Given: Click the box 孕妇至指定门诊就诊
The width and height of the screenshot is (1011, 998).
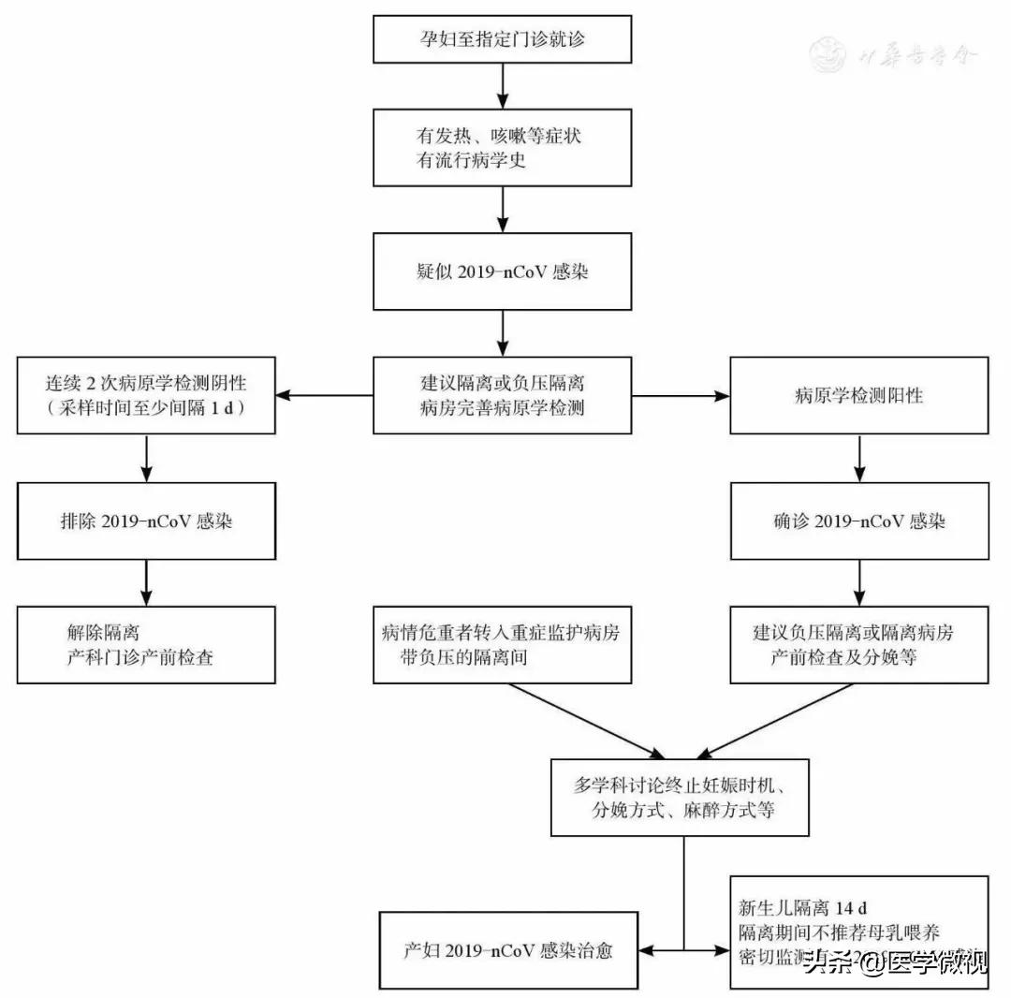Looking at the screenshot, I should point(503,39).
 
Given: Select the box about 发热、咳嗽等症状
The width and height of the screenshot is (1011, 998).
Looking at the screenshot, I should point(503,148).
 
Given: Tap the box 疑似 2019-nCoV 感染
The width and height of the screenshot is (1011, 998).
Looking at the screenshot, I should point(503,272).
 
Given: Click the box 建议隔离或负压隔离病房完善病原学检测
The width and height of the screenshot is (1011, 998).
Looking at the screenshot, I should point(503,395).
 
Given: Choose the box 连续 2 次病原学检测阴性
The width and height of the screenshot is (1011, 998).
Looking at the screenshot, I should point(146,395).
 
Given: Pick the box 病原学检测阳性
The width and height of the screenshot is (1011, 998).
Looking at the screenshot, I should point(858,395).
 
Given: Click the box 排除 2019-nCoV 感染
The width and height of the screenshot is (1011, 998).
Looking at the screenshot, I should point(146,521).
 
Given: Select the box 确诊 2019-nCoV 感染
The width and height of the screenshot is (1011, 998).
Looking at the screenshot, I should point(858,521).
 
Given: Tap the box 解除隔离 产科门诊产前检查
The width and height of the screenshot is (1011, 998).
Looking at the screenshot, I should point(146,645).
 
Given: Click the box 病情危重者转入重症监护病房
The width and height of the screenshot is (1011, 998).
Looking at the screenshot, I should point(503,645).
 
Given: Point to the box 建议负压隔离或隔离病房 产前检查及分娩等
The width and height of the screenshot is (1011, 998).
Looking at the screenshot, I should point(858,645).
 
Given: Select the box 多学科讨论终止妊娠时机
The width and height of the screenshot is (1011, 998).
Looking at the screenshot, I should point(680,797).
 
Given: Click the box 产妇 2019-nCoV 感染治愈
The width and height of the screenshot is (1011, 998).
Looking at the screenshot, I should point(509,949).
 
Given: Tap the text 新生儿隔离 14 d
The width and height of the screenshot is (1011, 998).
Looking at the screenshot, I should point(802,908).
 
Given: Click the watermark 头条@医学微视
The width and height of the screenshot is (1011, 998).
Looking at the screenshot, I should point(894,962).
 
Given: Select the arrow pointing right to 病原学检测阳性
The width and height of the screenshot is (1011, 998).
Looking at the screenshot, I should point(681,396).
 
